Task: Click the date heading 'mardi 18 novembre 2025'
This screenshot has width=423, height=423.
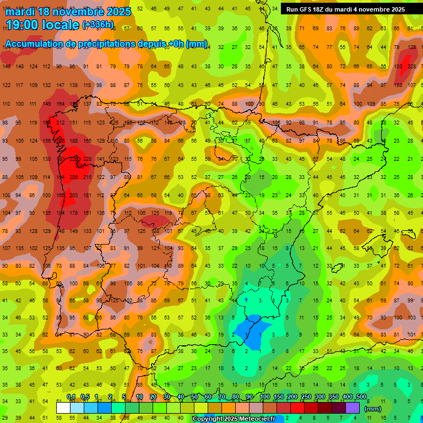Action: tap(69, 12)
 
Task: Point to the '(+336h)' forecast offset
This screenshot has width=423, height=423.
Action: tap(98, 25)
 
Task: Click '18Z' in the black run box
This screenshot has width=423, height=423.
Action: tap(327, 9)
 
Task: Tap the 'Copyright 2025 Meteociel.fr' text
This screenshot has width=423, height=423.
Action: tap(234, 419)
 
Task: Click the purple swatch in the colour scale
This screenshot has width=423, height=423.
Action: tap(352, 408)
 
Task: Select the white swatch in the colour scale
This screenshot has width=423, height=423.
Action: tap(63, 408)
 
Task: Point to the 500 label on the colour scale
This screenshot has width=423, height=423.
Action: tap(361, 397)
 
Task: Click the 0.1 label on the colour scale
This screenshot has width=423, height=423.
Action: tap(71, 397)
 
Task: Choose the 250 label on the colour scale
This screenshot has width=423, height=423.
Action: tap(306, 397)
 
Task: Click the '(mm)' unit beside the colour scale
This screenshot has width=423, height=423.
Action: tap(373, 409)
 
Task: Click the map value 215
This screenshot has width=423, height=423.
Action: tap(87, 177)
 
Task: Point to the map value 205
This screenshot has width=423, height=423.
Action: tap(73, 177)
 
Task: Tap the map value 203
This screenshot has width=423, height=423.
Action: tap(73, 195)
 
